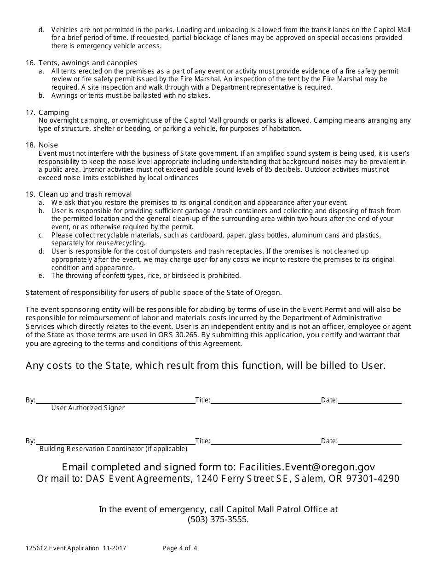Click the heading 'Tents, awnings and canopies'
pos(87,62)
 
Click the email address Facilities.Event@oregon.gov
pos(307,467)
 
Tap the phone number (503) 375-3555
pos(218,520)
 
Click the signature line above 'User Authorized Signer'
pos(115,401)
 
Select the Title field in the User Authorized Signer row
pos(265,401)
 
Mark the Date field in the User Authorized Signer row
pos(369,401)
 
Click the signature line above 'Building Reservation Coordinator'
pos(115,441)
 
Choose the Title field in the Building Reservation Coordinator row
pos(265,441)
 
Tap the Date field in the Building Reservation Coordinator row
pos(369,441)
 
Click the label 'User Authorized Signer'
pos(88,408)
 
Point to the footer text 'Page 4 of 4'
pos(180,548)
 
